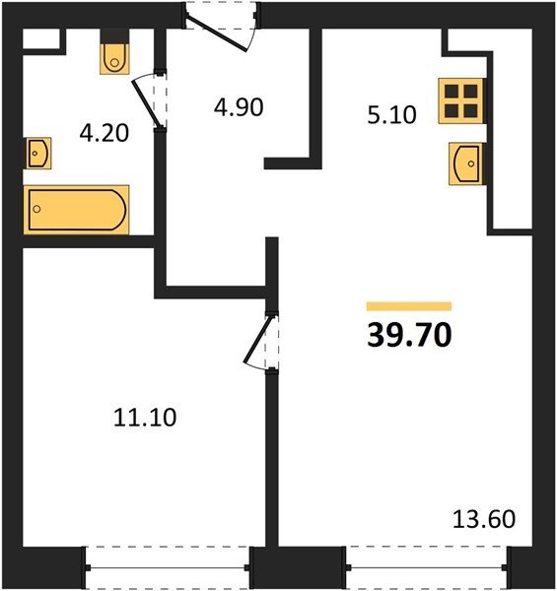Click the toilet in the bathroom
tap(115, 59)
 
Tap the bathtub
tap(77, 210)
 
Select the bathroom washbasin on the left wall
tap(38, 153)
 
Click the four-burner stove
tap(460, 101)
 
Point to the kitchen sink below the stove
tap(465, 164)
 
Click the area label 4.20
tap(104, 133)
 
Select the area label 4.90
tap(239, 107)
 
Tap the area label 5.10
tap(391, 115)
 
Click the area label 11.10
tap(145, 418)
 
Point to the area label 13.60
tap(484, 519)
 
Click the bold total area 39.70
tap(409, 336)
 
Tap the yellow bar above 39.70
tap(409, 306)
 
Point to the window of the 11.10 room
tap(167, 567)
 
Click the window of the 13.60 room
tap(426, 567)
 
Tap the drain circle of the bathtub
tap(36, 209)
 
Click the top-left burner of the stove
tap(452, 92)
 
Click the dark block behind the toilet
tap(115, 36)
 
